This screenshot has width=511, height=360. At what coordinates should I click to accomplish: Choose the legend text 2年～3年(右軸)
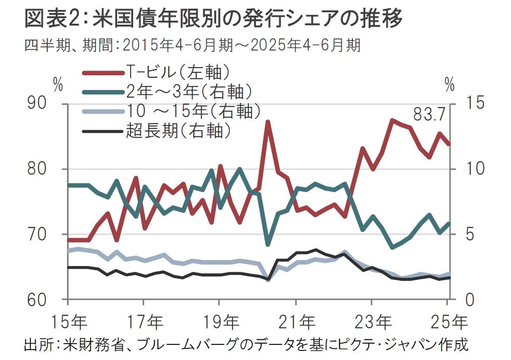[189, 92]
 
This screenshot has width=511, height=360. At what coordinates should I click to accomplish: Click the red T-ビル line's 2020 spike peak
[268, 122]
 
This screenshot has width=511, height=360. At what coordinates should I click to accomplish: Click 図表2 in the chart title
[56, 18]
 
